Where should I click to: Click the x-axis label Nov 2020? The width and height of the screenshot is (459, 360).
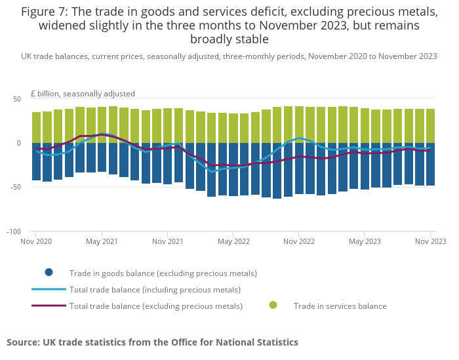35,241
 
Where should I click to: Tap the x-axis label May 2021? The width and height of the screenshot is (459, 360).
102,241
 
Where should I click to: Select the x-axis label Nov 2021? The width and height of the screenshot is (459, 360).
167,241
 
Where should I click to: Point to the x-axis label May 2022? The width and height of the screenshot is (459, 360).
233,241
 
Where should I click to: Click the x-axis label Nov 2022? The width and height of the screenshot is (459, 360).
298,241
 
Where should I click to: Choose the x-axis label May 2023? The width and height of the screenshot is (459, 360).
365,241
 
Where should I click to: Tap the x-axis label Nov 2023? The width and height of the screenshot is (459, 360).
429,241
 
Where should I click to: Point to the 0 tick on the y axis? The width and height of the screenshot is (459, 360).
18,143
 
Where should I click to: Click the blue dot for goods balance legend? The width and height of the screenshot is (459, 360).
49,273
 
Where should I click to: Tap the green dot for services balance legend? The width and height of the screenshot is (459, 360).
273,305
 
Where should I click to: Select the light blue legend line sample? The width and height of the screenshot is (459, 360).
49,289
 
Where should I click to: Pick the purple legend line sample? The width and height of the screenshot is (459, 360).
49,306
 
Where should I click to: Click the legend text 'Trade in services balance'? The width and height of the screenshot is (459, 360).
340,306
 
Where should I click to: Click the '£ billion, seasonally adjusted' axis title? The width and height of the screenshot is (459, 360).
83,94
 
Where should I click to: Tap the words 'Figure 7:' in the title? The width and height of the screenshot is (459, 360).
47,12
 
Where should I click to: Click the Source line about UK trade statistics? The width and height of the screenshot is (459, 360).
152,342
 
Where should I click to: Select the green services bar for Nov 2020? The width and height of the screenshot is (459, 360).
37,127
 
